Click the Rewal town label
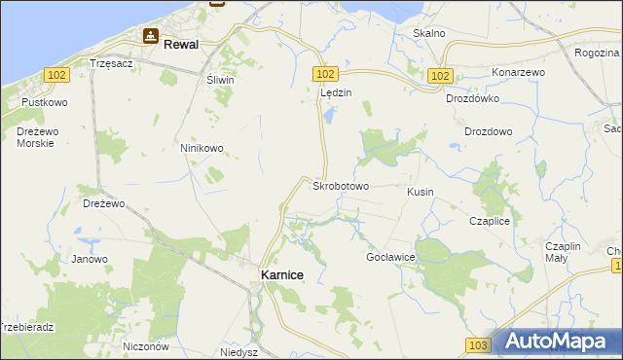181,44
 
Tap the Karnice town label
282,275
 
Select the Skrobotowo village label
340,185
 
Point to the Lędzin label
335,92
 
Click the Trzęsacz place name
110,62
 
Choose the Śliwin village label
220,81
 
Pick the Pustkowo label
43,101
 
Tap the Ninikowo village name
202,148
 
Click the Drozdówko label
472,98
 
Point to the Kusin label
421,193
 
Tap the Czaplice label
490,221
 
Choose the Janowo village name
90,259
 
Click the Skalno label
428,33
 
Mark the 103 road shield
477,345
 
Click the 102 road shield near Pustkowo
55,74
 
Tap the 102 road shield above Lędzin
326,74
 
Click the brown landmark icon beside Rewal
151,37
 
